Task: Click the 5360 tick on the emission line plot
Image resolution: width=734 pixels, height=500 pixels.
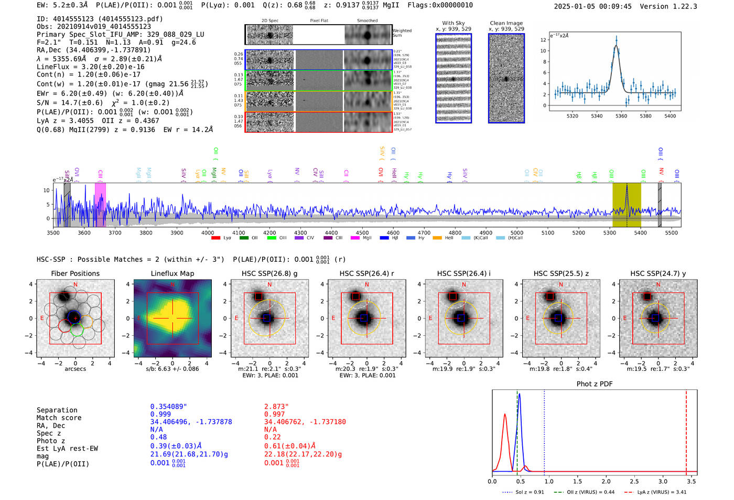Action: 621,116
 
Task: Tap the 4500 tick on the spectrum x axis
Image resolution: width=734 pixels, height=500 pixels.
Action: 362,232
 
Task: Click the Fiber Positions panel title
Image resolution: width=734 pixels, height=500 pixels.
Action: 75,273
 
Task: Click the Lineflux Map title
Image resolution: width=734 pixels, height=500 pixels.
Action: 172,273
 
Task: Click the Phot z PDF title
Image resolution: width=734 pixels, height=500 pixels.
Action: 595,384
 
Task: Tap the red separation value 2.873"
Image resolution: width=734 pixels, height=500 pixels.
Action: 276,407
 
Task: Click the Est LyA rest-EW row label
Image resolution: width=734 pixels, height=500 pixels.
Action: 67,449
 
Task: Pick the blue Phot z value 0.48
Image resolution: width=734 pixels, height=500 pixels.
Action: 158,437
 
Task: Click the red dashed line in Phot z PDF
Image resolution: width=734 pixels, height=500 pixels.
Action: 686,430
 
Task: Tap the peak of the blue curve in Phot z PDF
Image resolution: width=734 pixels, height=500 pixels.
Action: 519,395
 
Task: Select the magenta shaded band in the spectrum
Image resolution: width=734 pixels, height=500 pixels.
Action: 100,205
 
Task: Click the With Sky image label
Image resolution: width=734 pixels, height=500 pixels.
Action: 454,23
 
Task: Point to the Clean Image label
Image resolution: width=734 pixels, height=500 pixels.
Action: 506,23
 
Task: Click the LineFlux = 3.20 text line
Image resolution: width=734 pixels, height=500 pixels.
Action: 90,67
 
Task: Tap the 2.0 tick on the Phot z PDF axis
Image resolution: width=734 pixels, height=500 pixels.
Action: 606,481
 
